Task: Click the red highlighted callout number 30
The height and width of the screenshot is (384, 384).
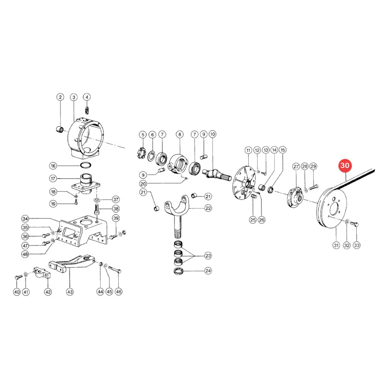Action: (345, 166)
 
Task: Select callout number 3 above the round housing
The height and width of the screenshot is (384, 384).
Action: (74, 97)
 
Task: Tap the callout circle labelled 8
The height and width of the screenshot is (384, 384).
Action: (180, 134)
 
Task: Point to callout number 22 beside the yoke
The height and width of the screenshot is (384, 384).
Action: (208, 208)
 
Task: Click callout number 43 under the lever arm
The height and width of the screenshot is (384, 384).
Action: (70, 292)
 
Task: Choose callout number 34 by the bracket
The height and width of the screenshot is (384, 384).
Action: (25, 219)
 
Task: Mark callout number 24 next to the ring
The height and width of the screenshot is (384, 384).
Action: (208, 271)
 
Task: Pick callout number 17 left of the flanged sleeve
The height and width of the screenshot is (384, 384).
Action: (53, 178)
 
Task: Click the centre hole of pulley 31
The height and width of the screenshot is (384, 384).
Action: (335, 210)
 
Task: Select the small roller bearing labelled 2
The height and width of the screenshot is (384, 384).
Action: (60, 128)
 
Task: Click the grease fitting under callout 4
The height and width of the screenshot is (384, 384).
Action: (87, 110)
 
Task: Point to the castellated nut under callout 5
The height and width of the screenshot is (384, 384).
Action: (141, 153)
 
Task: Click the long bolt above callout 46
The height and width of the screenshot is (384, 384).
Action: (115, 270)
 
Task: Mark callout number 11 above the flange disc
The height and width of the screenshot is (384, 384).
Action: (248, 150)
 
